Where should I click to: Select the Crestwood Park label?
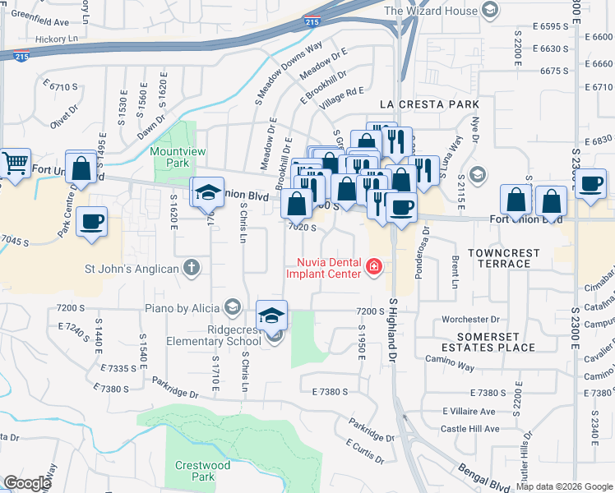202,471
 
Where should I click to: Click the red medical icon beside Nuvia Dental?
374,265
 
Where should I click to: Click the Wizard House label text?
430,11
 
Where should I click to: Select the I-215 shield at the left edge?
21,56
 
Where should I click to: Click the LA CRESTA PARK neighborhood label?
428,104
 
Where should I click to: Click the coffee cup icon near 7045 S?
91,220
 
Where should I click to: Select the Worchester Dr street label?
469,319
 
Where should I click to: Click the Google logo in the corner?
26,482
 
